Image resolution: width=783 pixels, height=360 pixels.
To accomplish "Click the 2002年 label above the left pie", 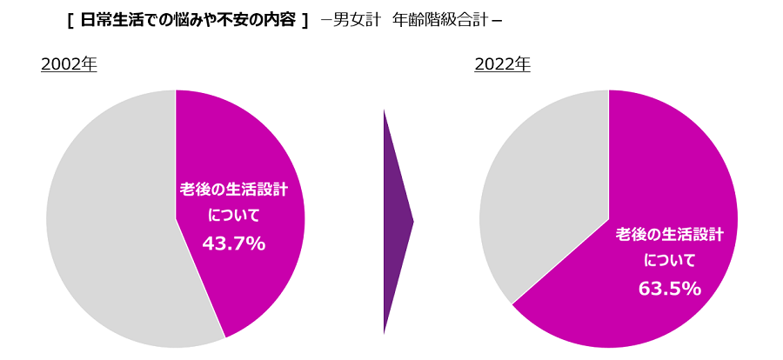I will tap(69, 64).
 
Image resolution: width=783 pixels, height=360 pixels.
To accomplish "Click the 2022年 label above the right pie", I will tap(502, 64).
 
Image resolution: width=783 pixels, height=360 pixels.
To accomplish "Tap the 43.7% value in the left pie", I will tap(233, 244).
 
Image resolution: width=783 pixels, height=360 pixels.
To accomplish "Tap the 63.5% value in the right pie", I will tap(669, 289).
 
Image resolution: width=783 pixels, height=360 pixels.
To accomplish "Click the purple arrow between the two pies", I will tap(395, 222).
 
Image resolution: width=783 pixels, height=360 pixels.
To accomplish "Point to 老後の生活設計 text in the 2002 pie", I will tap(233, 189).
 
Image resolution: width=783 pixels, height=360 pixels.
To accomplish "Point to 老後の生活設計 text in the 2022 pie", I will tap(669, 234).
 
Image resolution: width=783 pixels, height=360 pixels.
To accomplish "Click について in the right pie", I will tap(669, 260).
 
